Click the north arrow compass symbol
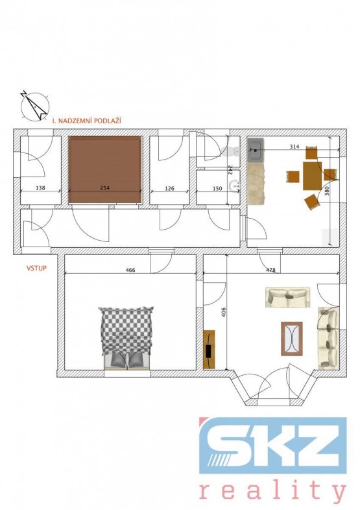[34, 106]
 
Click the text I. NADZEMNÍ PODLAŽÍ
[87, 121]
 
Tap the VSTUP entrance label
[36, 269]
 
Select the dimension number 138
[41, 188]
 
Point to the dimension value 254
[104, 188]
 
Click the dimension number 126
[169, 188]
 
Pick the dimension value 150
[217, 188]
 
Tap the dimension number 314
[294, 147]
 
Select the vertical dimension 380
[327, 191]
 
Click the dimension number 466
[130, 270]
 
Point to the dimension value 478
[270, 270]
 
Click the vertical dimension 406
[223, 313]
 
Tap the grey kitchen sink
[256, 151]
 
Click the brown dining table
[312, 176]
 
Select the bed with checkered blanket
[126, 337]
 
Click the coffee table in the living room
[292, 339]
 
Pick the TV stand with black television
[209, 350]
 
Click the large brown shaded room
[105, 170]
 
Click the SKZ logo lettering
[272, 446]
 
